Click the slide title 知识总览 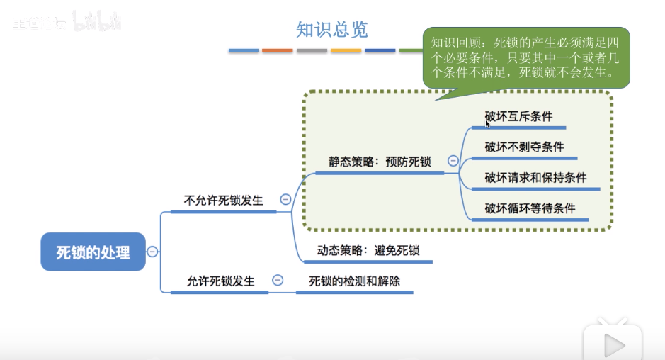pyautogui.click(x=332, y=30)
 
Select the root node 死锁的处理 pyautogui.click(x=93, y=252)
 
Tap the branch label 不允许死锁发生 pyautogui.click(x=223, y=200)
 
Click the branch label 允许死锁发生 pyautogui.click(x=220, y=281)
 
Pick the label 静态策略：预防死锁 pyautogui.click(x=380, y=162)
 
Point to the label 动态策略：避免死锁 pyautogui.click(x=368, y=250)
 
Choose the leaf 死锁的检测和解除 pyautogui.click(x=355, y=281)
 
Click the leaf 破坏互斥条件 pyautogui.click(x=518, y=116)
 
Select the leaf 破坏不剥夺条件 pyautogui.click(x=524, y=147)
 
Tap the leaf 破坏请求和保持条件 pyautogui.click(x=535, y=177)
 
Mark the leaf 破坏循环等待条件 pyautogui.click(x=530, y=208)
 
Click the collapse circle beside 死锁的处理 pyautogui.click(x=152, y=251)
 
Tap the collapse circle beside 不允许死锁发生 pyautogui.click(x=285, y=200)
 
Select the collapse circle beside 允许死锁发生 pyautogui.click(x=278, y=280)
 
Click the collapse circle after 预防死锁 pyautogui.click(x=453, y=162)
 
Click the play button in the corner pyautogui.click(x=613, y=344)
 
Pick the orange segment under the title pyautogui.click(x=277, y=50)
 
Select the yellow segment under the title pyautogui.click(x=346, y=50)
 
